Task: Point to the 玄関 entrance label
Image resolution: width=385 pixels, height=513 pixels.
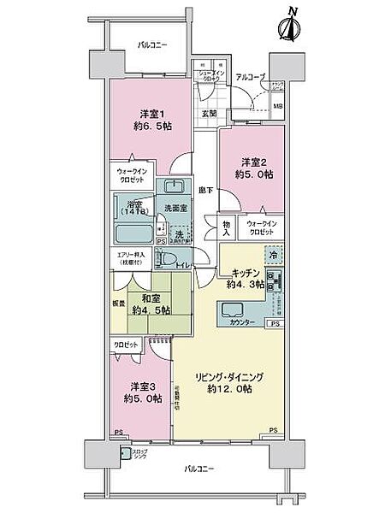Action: pyautogui.click(x=210, y=112)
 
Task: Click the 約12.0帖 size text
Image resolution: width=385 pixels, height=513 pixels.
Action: pyautogui.click(x=228, y=389)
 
